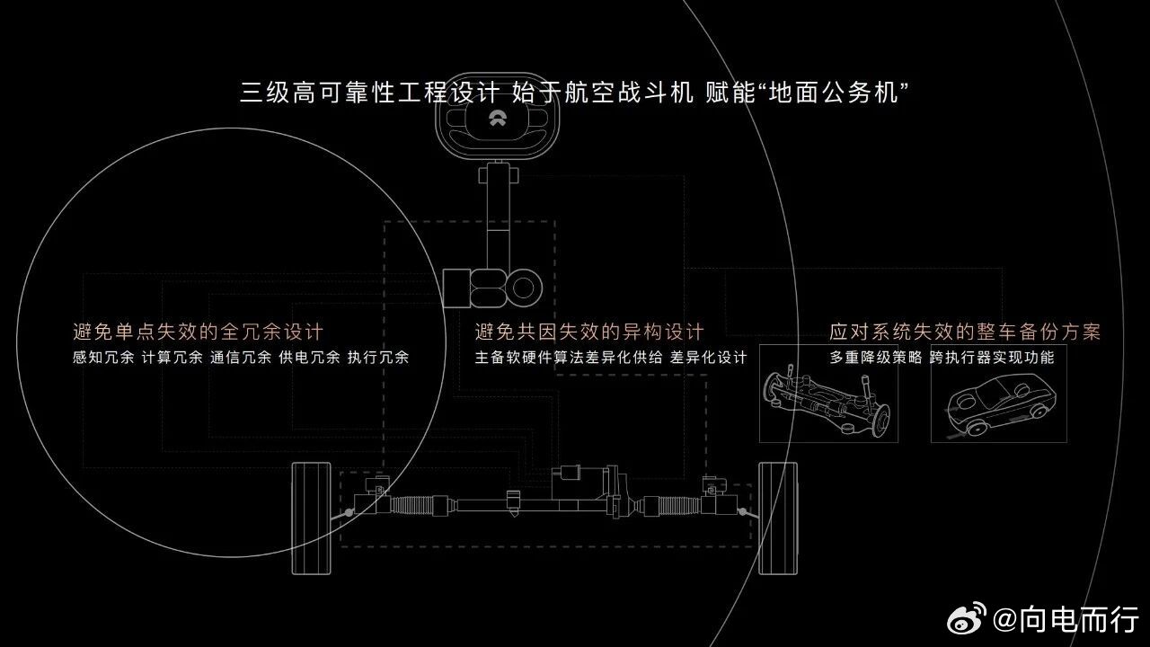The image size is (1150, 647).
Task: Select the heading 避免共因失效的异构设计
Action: click(589, 332)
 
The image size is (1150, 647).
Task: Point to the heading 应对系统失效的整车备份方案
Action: click(965, 332)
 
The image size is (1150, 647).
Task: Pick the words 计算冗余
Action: click(172, 358)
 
